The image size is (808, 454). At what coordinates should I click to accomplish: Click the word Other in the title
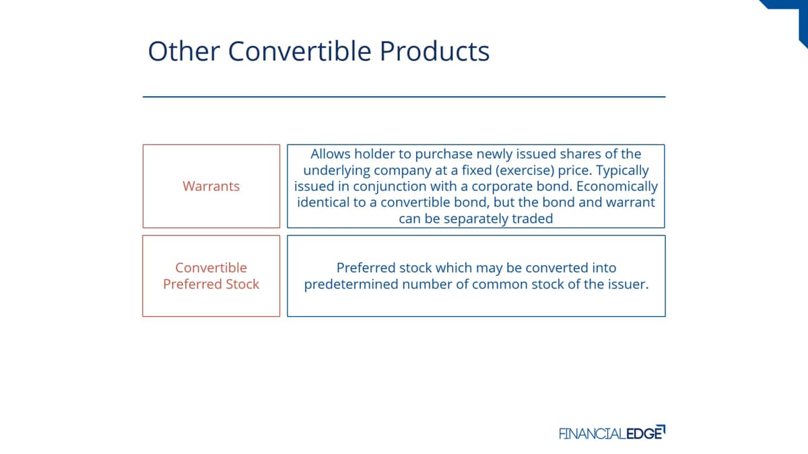(x=184, y=51)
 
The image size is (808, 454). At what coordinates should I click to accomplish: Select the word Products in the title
(x=434, y=51)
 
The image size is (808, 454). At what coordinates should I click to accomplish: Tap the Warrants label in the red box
(x=211, y=186)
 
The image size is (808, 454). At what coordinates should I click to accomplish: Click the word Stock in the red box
(x=242, y=284)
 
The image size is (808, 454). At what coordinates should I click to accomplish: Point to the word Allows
(x=331, y=154)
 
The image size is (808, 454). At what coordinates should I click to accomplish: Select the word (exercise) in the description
(x=525, y=170)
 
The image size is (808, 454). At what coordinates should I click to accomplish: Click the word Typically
(x=622, y=170)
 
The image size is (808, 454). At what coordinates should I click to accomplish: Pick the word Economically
(x=617, y=186)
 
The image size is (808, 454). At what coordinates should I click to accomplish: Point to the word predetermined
(x=351, y=285)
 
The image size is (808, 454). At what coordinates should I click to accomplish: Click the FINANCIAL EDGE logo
(x=612, y=432)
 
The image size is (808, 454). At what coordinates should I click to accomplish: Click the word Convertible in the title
(x=300, y=51)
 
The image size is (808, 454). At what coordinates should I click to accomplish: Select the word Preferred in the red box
(x=193, y=284)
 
